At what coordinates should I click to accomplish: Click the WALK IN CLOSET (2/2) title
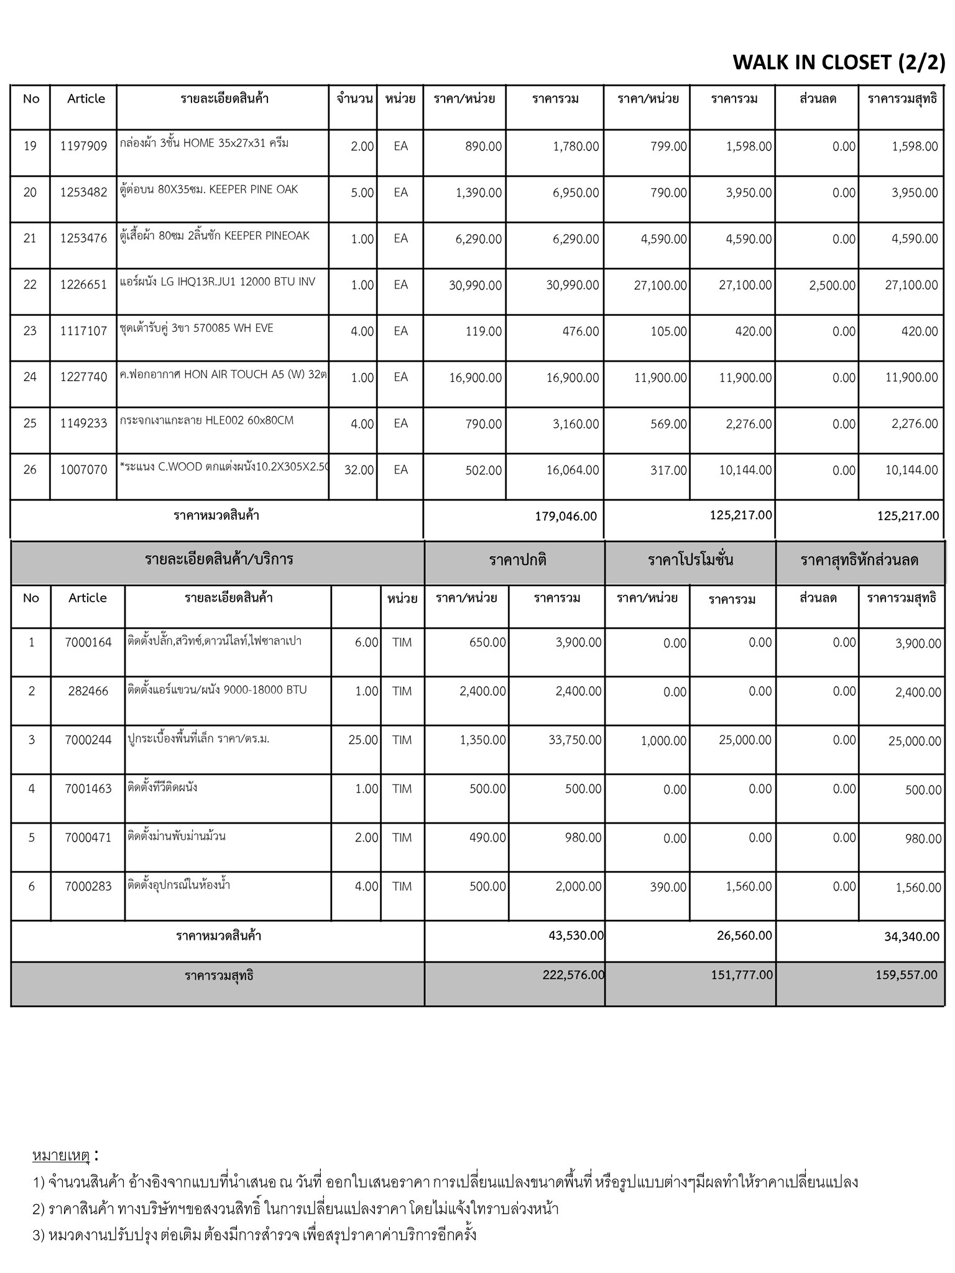[839, 62]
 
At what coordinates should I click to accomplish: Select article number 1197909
[83, 147]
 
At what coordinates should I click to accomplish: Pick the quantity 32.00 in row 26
[359, 471]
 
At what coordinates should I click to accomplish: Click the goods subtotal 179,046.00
[565, 517]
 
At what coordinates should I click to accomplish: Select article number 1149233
[83, 424]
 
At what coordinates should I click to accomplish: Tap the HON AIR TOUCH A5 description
[223, 374]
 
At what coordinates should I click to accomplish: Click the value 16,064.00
[573, 471]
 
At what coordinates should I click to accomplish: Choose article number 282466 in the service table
[88, 691]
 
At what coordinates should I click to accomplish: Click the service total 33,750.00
[574, 740]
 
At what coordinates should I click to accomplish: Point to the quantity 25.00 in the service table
[363, 740]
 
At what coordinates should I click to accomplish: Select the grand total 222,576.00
[573, 975]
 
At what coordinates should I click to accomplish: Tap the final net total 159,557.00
[906, 975]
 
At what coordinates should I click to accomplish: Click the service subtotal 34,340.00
[911, 937]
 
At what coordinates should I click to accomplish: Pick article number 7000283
[88, 886]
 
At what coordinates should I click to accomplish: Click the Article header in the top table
[86, 99]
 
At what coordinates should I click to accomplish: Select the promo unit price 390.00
[668, 887]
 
